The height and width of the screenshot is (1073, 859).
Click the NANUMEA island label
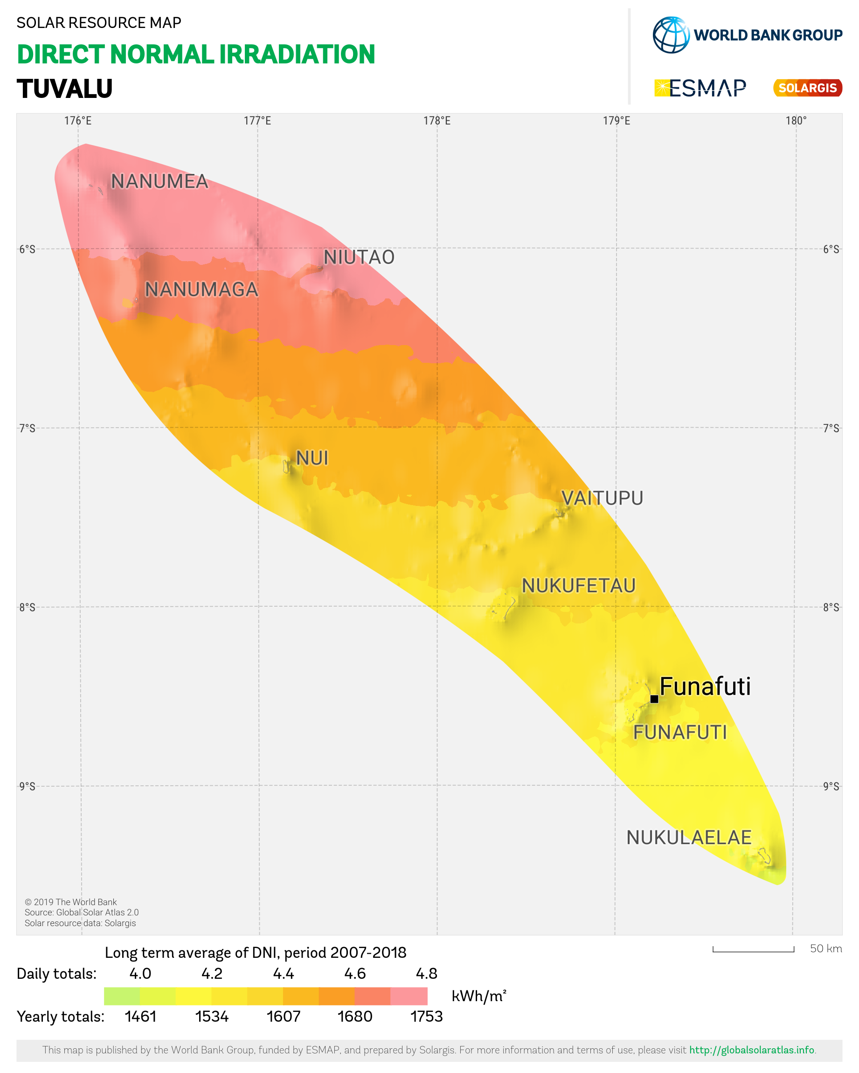[x=159, y=182]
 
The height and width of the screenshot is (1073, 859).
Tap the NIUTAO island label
[x=359, y=258]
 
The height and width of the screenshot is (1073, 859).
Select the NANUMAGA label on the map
[x=201, y=290]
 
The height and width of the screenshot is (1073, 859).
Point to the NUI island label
[x=312, y=458]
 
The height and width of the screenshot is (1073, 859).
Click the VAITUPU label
[x=602, y=498]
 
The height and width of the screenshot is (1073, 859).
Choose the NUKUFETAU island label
[x=578, y=586]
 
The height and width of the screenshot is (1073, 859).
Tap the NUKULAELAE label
[x=688, y=838]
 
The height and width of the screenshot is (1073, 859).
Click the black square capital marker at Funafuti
[x=654, y=699]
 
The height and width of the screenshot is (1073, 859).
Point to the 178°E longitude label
[x=437, y=121]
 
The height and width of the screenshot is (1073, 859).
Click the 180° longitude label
[x=796, y=121]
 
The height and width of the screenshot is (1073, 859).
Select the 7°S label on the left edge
[x=28, y=429]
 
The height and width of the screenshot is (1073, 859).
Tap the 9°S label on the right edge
[x=831, y=786]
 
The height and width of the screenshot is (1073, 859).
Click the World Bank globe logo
[x=671, y=35]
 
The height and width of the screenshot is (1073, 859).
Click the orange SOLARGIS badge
[x=807, y=88]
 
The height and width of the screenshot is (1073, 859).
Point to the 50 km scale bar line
[x=753, y=951]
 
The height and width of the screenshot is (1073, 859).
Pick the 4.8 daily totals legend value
[x=427, y=974]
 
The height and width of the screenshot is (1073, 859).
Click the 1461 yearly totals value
[x=140, y=1016]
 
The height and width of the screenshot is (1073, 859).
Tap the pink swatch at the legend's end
[x=409, y=997]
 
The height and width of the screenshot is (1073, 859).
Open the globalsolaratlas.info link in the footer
[x=751, y=1050]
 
